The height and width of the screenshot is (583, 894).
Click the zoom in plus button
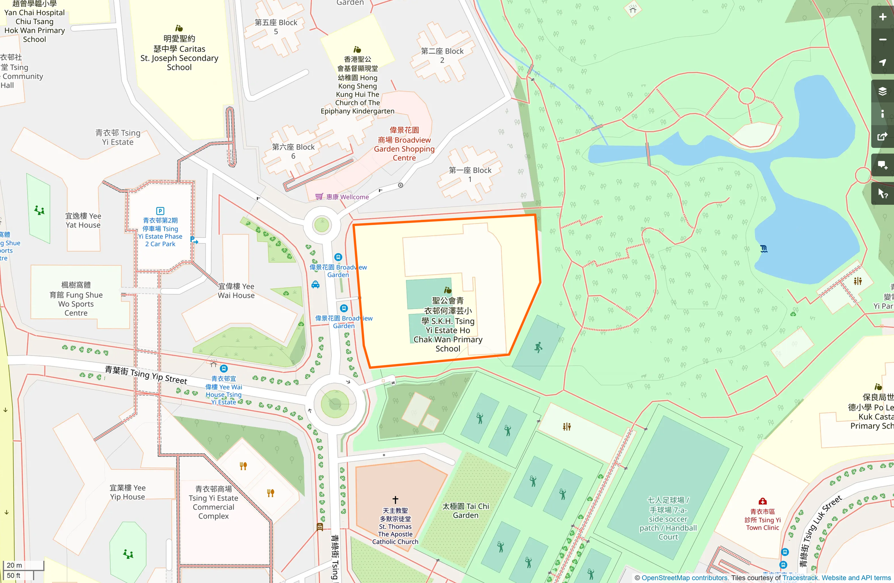coord(882,17)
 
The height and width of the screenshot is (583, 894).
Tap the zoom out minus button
coord(882,40)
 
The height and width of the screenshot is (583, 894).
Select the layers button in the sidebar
coord(882,91)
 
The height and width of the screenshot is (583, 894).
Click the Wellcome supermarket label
coord(347,197)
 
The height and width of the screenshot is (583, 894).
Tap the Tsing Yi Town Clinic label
coord(762,519)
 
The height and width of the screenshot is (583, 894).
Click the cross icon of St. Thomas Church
coord(395,500)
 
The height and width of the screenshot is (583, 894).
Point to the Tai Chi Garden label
coord(466,510)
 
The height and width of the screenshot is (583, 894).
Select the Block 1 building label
coord(470,174)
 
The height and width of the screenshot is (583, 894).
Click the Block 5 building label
coord(276,27)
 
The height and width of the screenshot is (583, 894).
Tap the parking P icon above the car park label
coord(160,211)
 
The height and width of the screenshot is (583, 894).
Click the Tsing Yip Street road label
coord(146,374)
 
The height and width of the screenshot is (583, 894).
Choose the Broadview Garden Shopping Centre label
coord(404,144)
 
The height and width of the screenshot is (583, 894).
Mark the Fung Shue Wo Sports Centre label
coord(76,299)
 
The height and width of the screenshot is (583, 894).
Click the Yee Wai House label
coord(236,291)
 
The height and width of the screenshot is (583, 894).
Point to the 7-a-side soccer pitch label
coord(668,518)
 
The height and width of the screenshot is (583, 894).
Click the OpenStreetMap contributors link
coord(684,578)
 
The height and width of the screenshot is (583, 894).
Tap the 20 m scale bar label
coord(15,565)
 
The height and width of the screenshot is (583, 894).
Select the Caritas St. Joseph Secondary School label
coord(179,53)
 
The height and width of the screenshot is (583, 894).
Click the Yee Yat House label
coord(83,220)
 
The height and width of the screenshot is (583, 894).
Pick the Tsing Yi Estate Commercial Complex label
coord(213,502)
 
